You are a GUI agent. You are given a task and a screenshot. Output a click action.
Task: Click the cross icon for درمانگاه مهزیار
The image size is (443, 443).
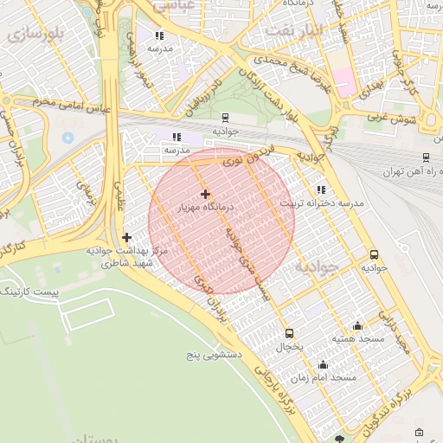point(204,194)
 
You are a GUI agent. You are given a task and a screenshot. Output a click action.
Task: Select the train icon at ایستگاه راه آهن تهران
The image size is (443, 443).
point(426,157)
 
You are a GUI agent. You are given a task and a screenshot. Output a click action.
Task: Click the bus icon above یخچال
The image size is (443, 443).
point(289,333)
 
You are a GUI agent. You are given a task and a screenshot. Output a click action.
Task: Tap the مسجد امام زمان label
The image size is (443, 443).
point(326,378)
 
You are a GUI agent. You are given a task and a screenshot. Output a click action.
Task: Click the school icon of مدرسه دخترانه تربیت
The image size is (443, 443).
point(322,189)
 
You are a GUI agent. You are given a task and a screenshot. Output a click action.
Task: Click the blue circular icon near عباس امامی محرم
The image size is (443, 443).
point(68,137)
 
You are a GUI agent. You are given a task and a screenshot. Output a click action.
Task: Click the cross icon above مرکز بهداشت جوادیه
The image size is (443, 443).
point(126,237)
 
